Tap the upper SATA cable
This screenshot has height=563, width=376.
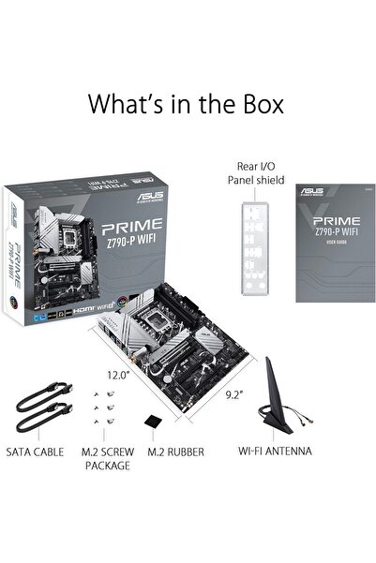click(x=42, y=393)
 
